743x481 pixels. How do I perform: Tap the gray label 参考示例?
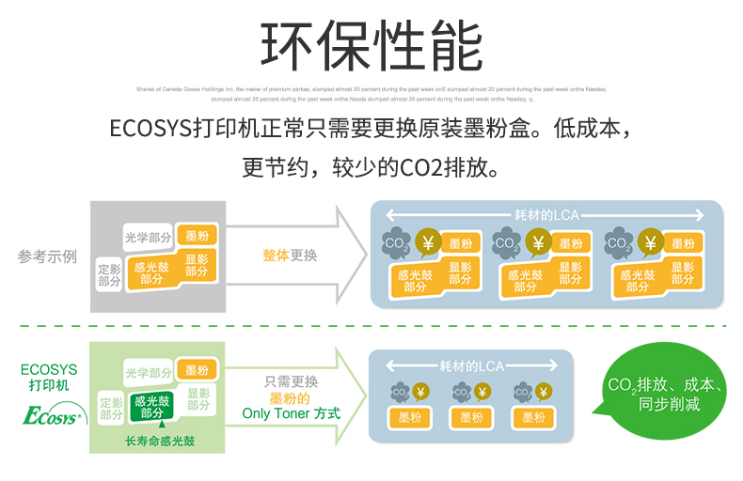point(47,256)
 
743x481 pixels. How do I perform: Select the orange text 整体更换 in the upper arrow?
point(290,255)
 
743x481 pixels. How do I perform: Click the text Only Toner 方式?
point(291,412)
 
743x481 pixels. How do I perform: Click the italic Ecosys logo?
point(53,414)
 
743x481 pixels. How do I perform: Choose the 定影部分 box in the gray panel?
point(110,274)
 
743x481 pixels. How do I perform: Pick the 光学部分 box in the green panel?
point(148,372)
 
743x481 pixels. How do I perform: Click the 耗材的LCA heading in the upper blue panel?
point(546,214)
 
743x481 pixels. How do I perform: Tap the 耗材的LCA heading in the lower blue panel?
point(470,365)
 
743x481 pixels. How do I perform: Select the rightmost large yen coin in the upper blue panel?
point(649,243)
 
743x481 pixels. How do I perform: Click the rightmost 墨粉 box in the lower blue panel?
point(534,418)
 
